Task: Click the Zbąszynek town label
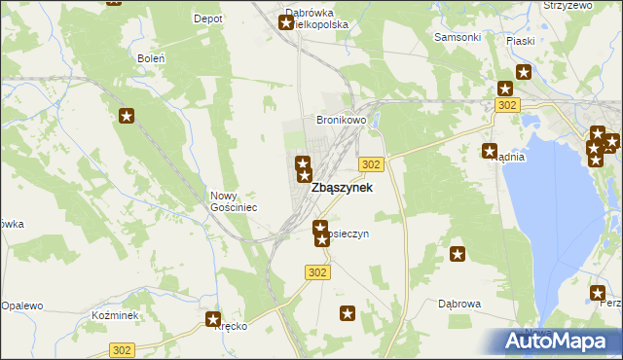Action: click(341, 189)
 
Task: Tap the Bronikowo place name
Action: click(341, 120)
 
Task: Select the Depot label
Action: click(208, 18)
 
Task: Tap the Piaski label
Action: click(521, 41)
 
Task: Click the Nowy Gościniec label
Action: click(234, 201)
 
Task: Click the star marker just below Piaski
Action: click(524, 71)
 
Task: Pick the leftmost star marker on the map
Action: click(127, 117)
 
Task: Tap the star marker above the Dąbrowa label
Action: click(458, 255)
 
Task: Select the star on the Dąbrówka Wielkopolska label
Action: click(287, 22)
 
